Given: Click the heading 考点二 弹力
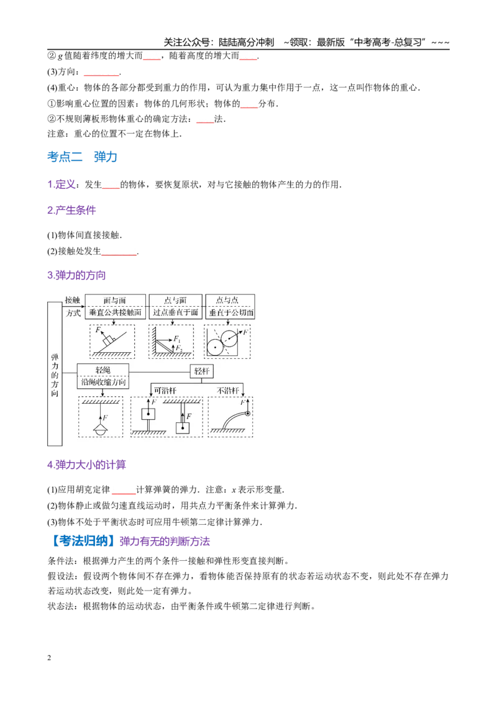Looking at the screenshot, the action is click(x=82, y=157).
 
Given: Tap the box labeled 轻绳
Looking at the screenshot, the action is click(x=103, y=370).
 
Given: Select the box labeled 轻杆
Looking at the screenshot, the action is click(x=201, y=371).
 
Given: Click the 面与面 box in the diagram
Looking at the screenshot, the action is click(x=116, y=300).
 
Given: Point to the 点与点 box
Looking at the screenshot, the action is click(x=230, y=300).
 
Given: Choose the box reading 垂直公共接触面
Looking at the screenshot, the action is click(x=116, y=312).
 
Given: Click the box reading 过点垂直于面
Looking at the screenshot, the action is click(x=175, y=312).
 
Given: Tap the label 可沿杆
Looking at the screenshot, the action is click(x=165, y=391).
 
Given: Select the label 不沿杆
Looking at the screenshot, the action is click(x=228, y=391).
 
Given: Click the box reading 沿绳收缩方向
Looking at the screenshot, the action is click(x=103, y=383).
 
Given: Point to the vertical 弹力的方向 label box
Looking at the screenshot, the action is click(x=55, y=374).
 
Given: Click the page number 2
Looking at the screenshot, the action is click(x=49, y=658).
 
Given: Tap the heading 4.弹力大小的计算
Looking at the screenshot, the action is click(x=86, y=465).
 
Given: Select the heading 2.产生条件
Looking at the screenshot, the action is click(x=71, y=211).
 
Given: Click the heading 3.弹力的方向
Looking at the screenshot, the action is click(x=76, y=275).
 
